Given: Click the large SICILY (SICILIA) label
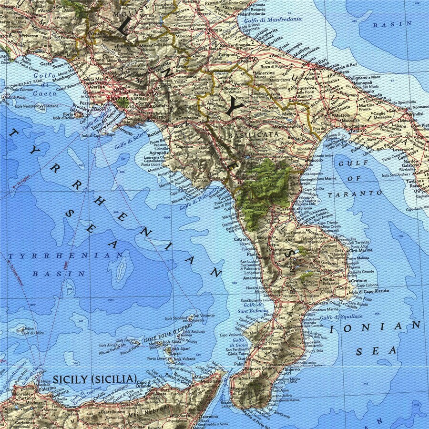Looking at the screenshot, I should (x=94, y=379).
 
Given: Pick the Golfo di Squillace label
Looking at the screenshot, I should (x=341, y=317).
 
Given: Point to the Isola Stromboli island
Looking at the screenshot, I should (x=190, y=317).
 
